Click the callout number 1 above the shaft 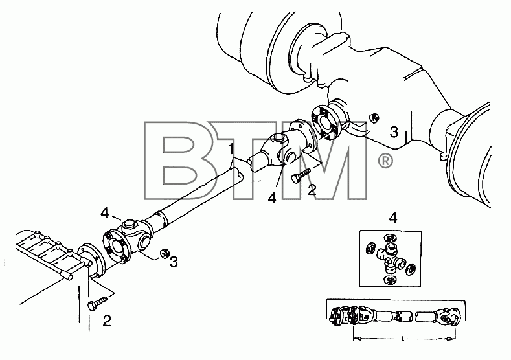pyautogui.click(x=231, y=149)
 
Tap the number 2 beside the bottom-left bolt pyautogui.click(x=107, y=321)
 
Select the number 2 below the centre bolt pyautogui.click(x=312, y=190)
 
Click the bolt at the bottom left pyautogui.click(x=97, y=302)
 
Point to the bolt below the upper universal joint pyautogui.click(x=301, y=175)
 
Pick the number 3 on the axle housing pyautogui.click(x=394, y=132)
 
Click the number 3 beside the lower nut pyautogui.click(x=174, y=262)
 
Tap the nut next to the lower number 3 pyautogui.click(x=164, y=253)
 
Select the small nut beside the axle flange pyautogui.click(x=374, y=118)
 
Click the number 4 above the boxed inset pyautogui.click(x=393, y=218)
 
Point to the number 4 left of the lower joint pyautogui.click(x=105, y=214)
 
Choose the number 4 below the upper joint pyautogui.click(x=272, y=197)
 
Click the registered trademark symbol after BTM pyautogui.click(x=385, y=161)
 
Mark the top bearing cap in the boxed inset pyautogui.click(x=389, y=238)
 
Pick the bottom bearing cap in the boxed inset pyautogui.click(x=390, y=280)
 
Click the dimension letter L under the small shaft pyautogui.click(x=403, y=340)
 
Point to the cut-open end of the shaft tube pyautogui.click(x=237, y=175)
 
